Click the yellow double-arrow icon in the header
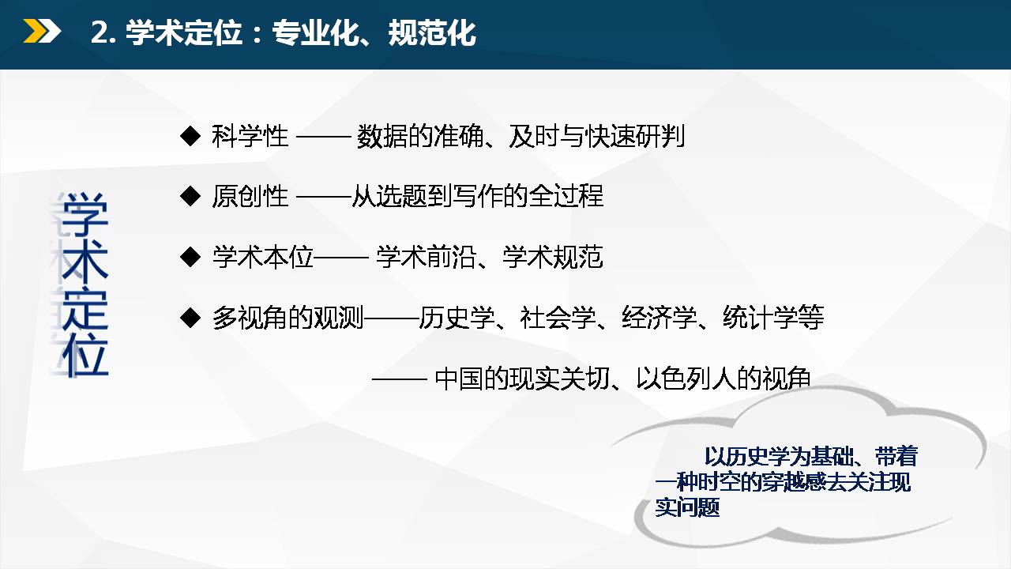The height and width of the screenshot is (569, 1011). [x=42, y=32]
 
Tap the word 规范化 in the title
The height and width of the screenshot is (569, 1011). [x=432, y=32]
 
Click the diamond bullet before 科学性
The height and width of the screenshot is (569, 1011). [x=190, y=136]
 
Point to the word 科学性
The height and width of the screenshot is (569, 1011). [x=250, y=136]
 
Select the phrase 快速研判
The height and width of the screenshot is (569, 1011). [x=635, y=136]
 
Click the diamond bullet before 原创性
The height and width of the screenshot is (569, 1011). [x=190, y=196]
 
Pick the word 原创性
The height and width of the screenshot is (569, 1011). [x=250, y=196]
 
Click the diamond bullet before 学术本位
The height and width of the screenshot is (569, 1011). [x=190, y=257]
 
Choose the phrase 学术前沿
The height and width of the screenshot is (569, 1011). [x=426, y=257]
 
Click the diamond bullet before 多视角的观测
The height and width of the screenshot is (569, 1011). [x=190, y=318]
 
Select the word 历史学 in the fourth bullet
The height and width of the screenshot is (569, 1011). [x=457, y=318]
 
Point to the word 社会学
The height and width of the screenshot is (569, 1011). [x=558, y=318]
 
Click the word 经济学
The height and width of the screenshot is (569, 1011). [x=660, y=318]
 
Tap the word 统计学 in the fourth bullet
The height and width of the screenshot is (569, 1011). [x=761, y=318]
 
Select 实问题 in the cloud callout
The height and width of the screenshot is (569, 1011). [x=687, y=507]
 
